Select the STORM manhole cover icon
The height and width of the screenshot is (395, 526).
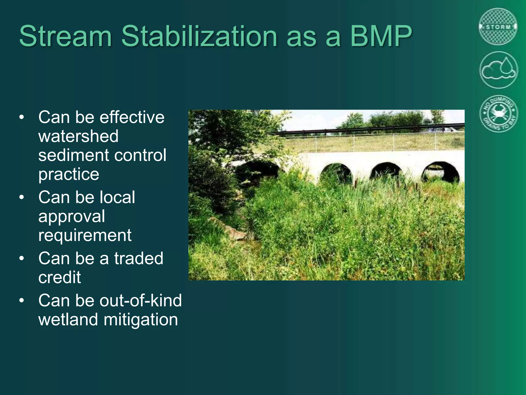point(498,27)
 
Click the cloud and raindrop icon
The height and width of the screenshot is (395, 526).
point(499,70)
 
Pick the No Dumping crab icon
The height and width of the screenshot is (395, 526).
point(499,113)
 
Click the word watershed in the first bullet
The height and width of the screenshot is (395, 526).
point(78,136)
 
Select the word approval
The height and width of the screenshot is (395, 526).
point(71,217)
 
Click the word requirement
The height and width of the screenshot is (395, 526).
point(85,235)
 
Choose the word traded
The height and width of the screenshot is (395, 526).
point(139,258)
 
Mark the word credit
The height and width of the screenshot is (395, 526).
point(60,277)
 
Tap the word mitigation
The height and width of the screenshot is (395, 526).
point(141,320)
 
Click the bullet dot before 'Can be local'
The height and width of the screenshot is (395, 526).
point(22,197)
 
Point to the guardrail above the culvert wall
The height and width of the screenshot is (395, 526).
point(360,129)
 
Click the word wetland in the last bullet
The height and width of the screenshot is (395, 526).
point(68,320)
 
